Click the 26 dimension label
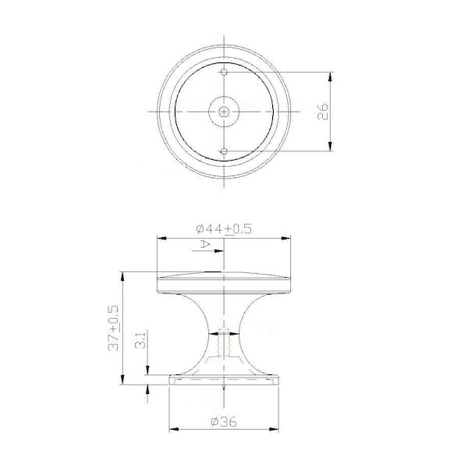[x=323, y=112]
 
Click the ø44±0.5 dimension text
[x=224, y=229]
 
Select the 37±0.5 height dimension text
[x=114, y=328]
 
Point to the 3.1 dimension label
[x=140, y=339]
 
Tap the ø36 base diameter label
[x=224, y=422]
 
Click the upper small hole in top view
[x=224, y=72]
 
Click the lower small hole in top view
[x=224, y=151]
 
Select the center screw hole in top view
[x=224, y=112]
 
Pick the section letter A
[x=204, y=244]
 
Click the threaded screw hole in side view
[x=224, y=342]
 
